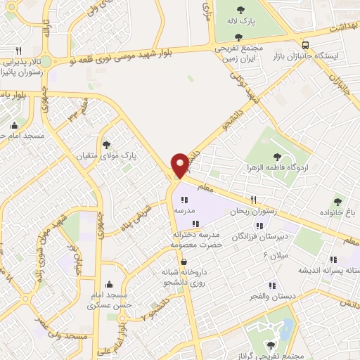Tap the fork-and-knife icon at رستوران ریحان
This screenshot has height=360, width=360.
[x=254, y=200]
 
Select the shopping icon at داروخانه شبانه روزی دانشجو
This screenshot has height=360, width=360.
[x=184, y=262]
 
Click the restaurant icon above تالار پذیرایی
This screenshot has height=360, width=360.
[x=19, y=51]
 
